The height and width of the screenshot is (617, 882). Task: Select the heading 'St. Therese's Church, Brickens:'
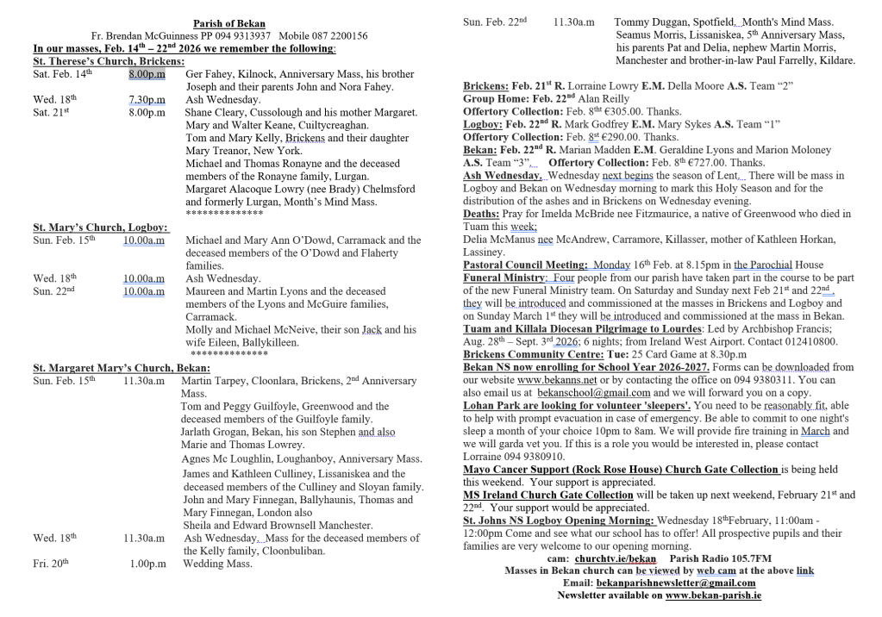pyautogui.click(x=109, y=62)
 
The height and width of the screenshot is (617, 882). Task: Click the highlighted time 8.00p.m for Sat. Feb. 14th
pyautogui.click(x=147, y=75)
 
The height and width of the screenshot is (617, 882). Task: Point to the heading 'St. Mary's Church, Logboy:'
pyautogui.click(x=101, y=227)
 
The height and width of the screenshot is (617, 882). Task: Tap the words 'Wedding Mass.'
pyautogui.click(x=217, y=564)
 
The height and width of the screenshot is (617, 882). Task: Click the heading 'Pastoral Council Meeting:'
pyautogui.click(x=525, y=265)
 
